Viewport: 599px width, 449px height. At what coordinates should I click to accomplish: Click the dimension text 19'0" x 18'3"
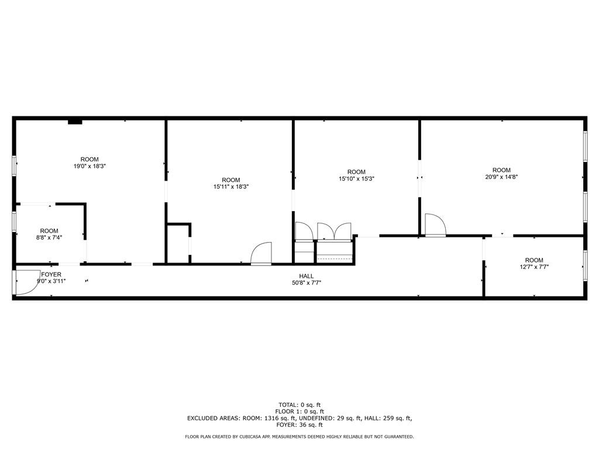click(x=89, y=166)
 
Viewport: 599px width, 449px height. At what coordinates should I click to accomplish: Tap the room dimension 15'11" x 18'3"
click(x=231, y=186)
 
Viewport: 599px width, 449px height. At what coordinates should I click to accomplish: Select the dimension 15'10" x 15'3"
click(x=356, y=178)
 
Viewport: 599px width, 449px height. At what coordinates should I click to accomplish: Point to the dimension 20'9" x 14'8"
click(x=501, y=177)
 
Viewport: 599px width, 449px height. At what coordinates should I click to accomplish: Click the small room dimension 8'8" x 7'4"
click(x=49, y=237)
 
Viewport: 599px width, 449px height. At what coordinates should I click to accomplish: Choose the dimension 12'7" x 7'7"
click(x=534, y=267)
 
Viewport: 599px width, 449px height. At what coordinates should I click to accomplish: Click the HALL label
click(x=307, y=276)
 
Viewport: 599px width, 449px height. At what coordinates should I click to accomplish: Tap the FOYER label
click(x=51, y=275)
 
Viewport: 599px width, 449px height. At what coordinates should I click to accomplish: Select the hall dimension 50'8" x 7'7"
click(x=307, y=283)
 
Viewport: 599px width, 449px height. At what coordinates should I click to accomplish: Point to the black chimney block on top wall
click(x=75, y=122)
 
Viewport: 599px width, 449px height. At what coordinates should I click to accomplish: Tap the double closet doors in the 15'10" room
click(x=334, y=232)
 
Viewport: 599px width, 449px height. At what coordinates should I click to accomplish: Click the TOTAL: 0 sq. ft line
click(x=299, y=405)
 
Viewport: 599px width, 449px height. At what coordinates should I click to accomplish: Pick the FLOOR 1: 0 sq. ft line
click(x=299, y=412)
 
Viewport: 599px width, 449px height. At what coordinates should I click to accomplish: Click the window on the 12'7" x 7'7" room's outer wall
click(x=585, y=266)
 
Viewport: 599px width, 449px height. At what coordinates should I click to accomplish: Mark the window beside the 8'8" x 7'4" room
click(x=14, y=222)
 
